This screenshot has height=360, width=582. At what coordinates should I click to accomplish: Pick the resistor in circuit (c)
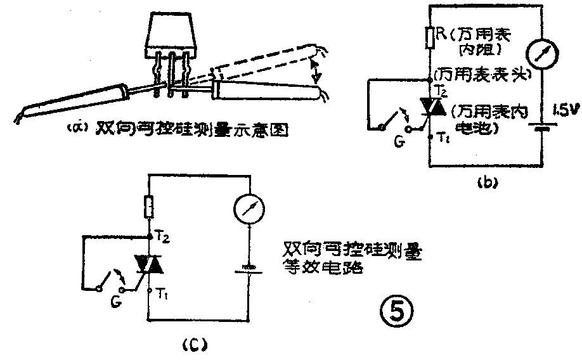148,206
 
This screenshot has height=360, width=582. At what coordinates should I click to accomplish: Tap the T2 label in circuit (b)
443,92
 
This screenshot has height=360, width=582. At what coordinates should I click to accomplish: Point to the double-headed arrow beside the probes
313,68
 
